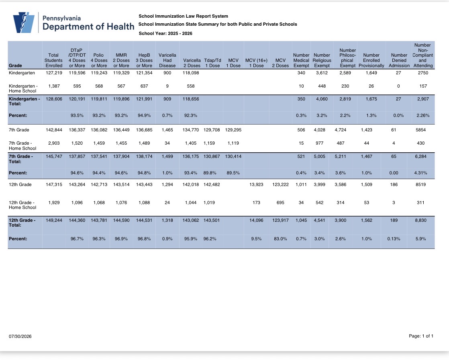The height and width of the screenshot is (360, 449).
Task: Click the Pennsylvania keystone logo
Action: [24, 22]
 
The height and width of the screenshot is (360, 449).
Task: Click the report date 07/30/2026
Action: [20, 336]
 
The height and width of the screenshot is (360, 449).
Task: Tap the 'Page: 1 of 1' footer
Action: [421, 336]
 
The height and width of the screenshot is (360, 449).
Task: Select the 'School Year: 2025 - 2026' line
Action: [165, 33]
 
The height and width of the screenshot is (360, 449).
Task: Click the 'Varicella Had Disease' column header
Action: [167, 60]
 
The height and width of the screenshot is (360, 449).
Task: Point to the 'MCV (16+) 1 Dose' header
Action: [256, 63]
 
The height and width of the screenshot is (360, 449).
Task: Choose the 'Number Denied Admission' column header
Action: [399, 60]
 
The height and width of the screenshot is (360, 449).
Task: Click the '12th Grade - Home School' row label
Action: [22, 205]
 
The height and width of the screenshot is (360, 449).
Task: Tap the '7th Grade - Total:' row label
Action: [21, 159]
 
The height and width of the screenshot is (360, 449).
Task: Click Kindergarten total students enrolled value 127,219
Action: [54, 73]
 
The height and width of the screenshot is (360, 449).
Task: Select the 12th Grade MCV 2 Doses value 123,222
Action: [280, 184]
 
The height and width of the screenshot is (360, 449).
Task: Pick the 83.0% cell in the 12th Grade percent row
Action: [280, 239]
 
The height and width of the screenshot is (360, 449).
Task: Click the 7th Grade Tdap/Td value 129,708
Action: [212, 130]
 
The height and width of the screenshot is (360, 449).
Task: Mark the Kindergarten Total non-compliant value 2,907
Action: [423, 99]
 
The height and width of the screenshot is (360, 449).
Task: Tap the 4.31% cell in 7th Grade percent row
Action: [420, 173]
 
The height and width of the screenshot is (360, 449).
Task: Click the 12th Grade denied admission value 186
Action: [394, 184]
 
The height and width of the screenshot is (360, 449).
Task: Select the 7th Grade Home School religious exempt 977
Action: [319, 143]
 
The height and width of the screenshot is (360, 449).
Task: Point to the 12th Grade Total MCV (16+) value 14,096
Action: [256, 220]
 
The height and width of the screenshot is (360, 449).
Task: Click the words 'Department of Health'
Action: [88, 27]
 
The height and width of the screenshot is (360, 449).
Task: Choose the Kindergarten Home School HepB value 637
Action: [144, 86]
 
